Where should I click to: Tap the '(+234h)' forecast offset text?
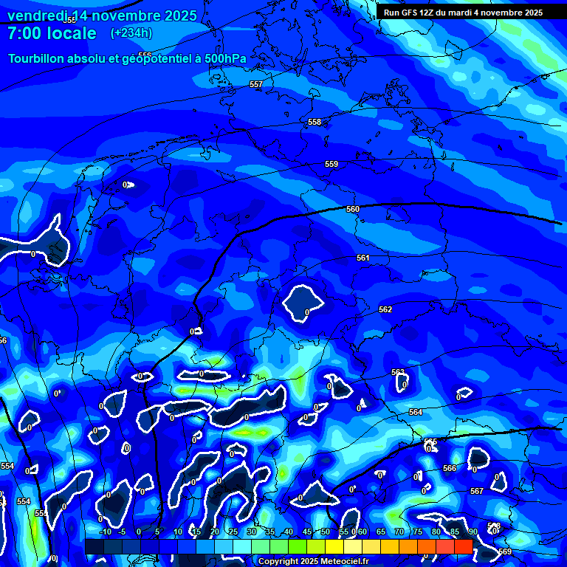(x=131, y=33)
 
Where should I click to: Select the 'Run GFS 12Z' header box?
(x=463, y=13)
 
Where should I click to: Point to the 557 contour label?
(x=256, y=85)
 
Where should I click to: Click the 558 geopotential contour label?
(x=315, y=122)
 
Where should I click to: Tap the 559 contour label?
(x=331, y=164)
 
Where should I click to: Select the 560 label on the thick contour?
(x=353, y=209)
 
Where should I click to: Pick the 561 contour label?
(x=362, y=258)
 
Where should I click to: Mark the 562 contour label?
(x=385, y=309)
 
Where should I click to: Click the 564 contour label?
(x=416, y=412)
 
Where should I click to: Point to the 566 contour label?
(x=450, y=468)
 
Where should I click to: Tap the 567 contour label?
(x=477, y=491)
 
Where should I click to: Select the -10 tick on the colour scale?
(x=105, y=532)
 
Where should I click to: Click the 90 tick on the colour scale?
(x=472, y=532)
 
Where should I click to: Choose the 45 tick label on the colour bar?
(x=307, y=532)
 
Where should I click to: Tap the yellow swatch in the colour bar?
(x=334, y=546)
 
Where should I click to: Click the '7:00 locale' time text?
(x=52, y=33)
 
